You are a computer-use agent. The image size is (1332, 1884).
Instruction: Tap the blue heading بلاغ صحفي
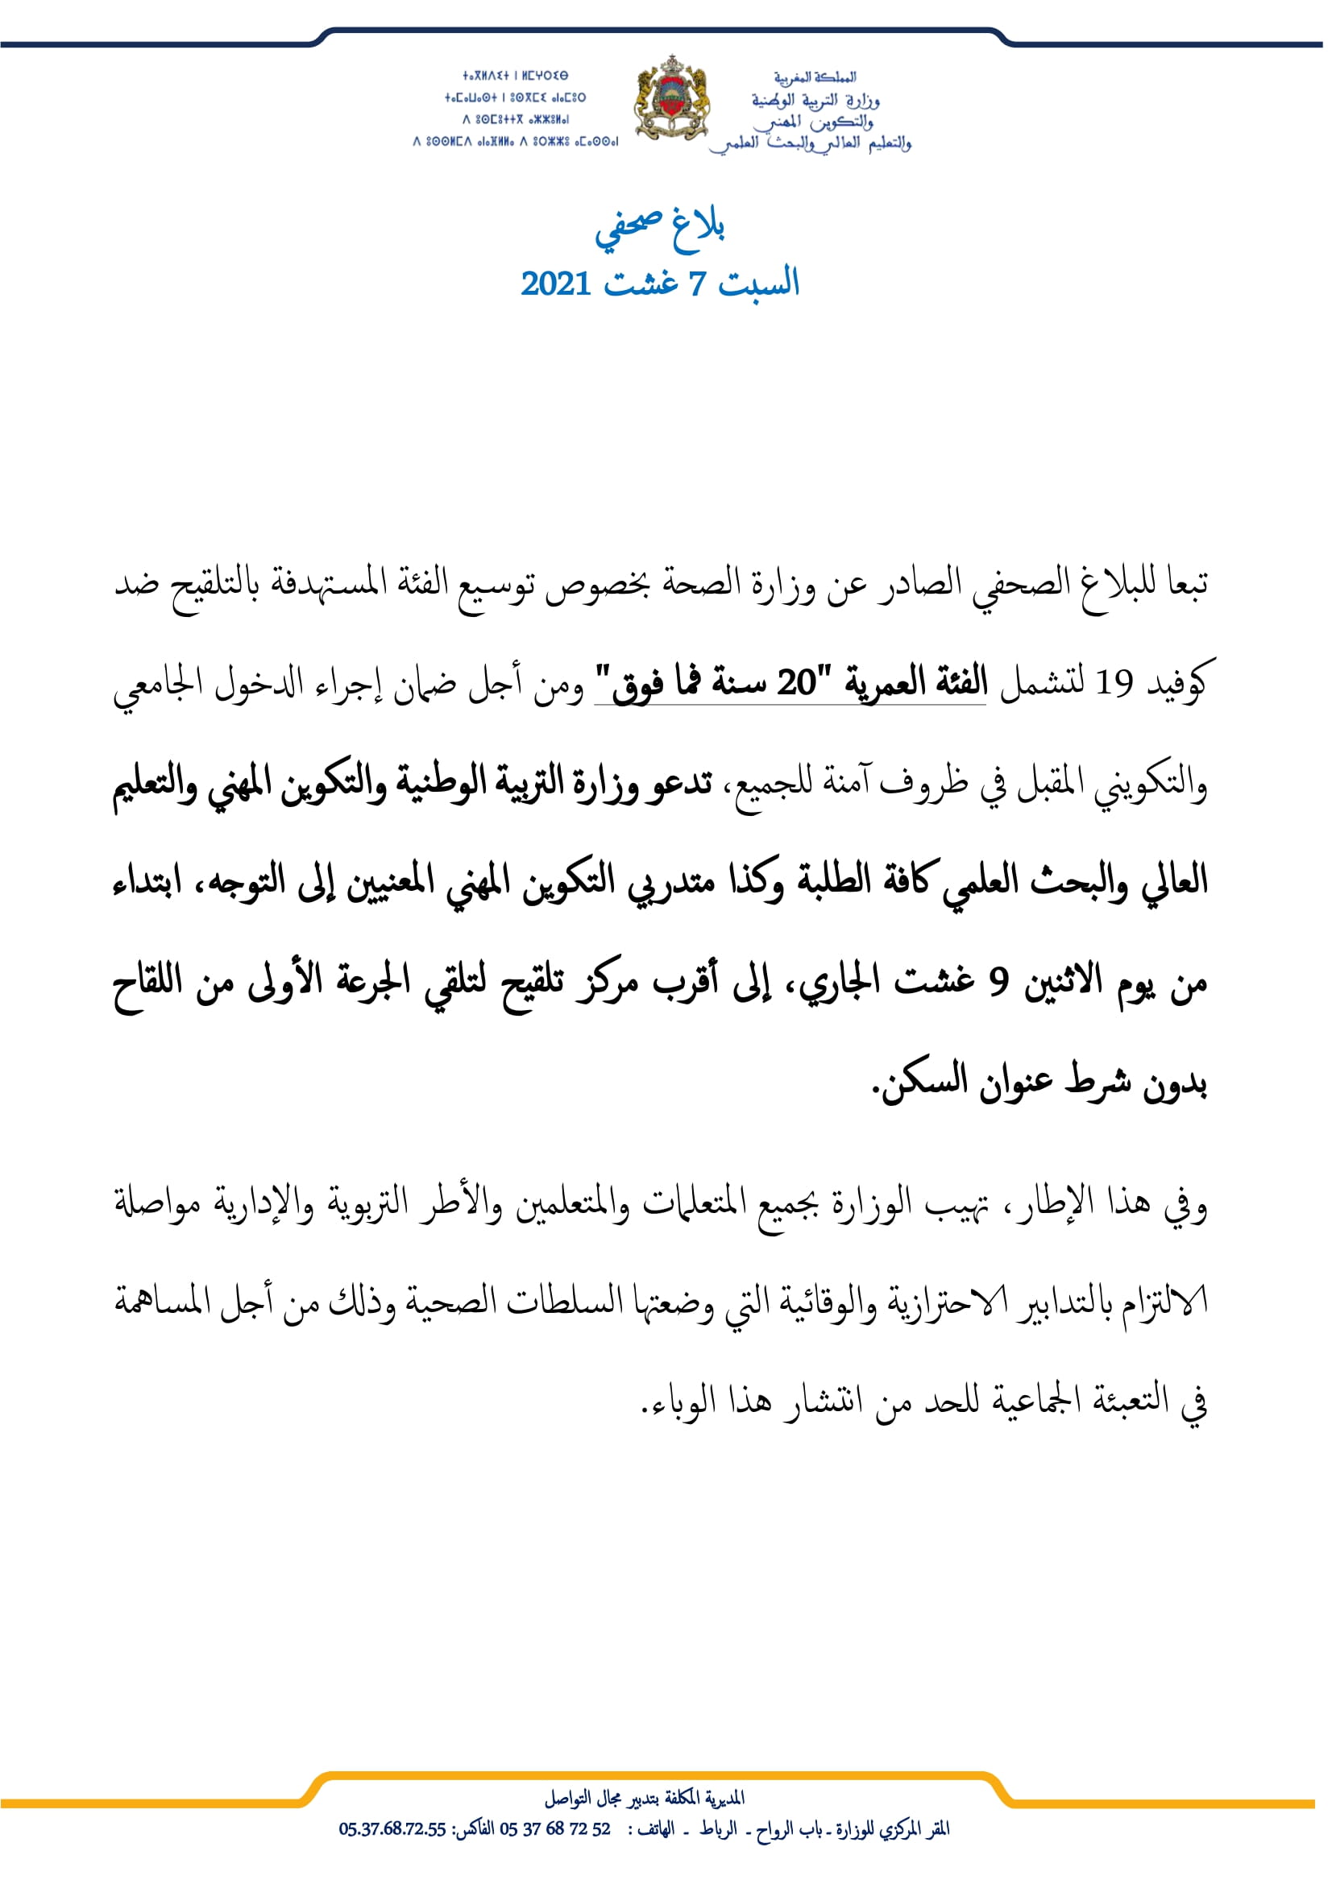tap(660, 227)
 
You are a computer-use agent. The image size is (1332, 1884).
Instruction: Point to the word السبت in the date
tap(758, 284)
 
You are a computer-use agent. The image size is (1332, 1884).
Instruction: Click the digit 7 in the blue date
tap(696, 284)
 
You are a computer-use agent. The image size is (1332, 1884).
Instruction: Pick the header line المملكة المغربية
tap(814, 77)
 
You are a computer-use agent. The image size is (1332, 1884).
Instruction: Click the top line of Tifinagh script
tap(515, 76)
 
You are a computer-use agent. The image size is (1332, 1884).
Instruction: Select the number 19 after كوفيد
tap(1114, 683)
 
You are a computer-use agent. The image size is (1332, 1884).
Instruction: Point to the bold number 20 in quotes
tap(797, 683)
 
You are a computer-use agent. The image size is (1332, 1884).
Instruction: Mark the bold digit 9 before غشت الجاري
tap(997, 981)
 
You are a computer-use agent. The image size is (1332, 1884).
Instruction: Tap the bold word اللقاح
tap(147, 980)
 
